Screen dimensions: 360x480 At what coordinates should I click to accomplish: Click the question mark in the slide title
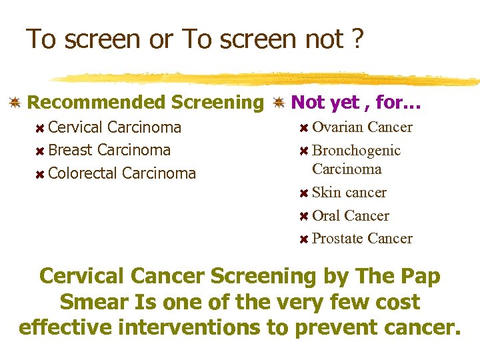tap(357, 40)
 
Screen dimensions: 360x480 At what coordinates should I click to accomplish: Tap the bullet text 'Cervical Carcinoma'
tap(115, 127)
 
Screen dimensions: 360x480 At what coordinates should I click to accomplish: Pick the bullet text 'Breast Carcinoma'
tap(109, 150)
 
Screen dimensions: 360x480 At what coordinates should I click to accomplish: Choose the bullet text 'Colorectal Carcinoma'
tap(122, 173)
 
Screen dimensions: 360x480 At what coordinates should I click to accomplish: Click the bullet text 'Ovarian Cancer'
tap(362, 127)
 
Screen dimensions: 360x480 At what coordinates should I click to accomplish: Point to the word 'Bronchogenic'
tap(356, 151)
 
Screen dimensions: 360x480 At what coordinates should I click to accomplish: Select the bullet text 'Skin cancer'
tap(349, 193)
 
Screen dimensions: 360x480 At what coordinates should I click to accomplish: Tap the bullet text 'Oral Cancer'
tap(350, 216)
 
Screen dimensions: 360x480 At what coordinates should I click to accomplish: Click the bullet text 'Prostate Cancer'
tap(362, 239)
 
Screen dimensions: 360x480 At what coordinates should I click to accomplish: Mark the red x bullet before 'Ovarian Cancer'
tap(303, 128)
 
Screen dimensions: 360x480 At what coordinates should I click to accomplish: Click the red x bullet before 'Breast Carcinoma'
tap(40, 151)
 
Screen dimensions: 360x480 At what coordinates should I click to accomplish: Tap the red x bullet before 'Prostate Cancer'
tap(303, 239)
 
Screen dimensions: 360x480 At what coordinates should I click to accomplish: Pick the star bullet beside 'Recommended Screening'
tap(13, 103)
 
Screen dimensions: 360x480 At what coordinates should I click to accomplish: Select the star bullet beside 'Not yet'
tap(279, 103)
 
